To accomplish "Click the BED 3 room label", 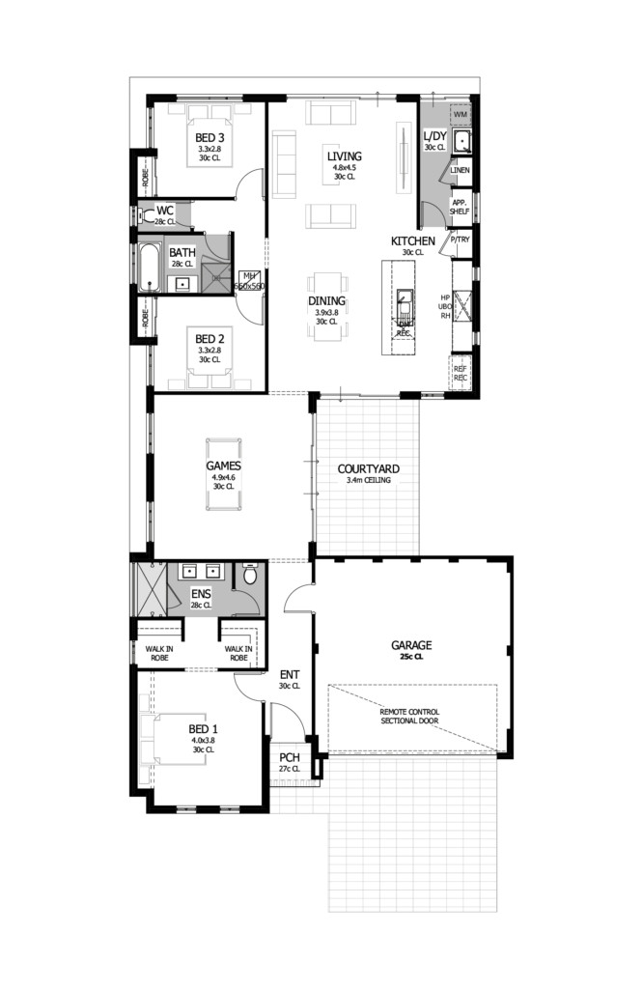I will tap(210, 137).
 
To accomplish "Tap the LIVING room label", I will tap(344, 156).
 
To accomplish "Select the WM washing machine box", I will tap(461, 115).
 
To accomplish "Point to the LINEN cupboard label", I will tap(460, 171).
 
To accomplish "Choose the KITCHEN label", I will tap(412, 240).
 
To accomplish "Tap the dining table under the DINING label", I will tap(327, 308).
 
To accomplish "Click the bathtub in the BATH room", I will tap(150, 268).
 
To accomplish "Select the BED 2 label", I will tap(210, 339).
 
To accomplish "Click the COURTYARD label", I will tap(368, 469).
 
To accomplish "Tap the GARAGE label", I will tap(410, 645).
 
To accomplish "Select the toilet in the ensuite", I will tap(250, 576).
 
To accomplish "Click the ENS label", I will tap(201, 594).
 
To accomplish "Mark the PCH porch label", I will tap(289, 758).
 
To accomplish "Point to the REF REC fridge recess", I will tap(461, 372).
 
